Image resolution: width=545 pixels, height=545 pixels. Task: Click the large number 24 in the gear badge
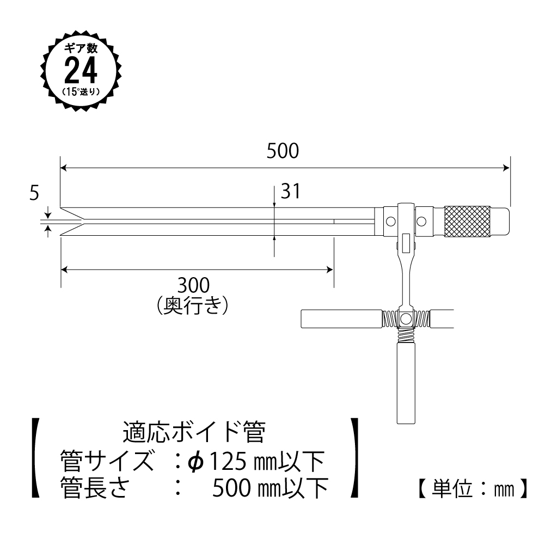(x=81, y=69)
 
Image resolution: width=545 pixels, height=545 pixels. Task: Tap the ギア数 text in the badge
(x=81, y=47)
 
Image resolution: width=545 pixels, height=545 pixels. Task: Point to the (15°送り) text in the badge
(x=81, y=91)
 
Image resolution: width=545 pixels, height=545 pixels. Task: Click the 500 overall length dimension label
(x=283, y=151)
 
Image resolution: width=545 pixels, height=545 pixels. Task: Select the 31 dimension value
(x=290, y=191)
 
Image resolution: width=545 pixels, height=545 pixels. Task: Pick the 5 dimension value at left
(x=35, y=193)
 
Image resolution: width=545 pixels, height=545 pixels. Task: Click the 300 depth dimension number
(x=194, y=285)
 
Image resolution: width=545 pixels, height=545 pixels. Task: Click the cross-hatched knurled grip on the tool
(x=467, y=222)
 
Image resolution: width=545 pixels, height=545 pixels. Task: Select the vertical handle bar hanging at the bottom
(x=407, y=381)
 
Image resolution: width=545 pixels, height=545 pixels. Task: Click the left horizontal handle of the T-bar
(x=341, y=319)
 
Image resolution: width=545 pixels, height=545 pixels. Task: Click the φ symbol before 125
(x=195, y=462)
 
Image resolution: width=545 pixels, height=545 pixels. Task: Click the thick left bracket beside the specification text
(x=35, y=458)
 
